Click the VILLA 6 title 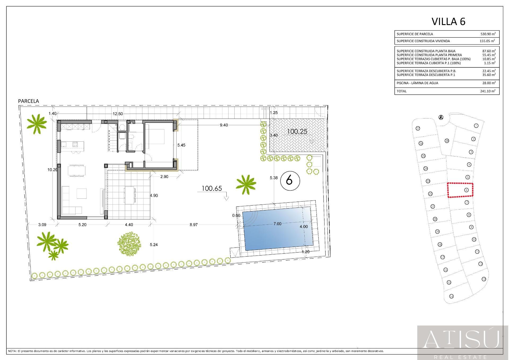click(x=448, y=21)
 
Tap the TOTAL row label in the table click(x=401, y=91)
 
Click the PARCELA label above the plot click(x=28, y=101)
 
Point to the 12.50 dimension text click(x=118, y=114)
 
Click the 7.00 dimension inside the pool click(x=277, y=224)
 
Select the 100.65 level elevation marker click(x=212, y=189)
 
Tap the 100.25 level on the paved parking click(x=297, y=132)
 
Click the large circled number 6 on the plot click(x=290, y=181)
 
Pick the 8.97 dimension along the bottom click(x=194, y=225)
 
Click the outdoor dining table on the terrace click(x=130, y=195)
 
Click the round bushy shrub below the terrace click(x=129, y=244)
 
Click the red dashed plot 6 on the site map click(x=460, y=190)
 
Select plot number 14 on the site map click(x=451, y=296)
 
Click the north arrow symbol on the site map click(x=441, y=117)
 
